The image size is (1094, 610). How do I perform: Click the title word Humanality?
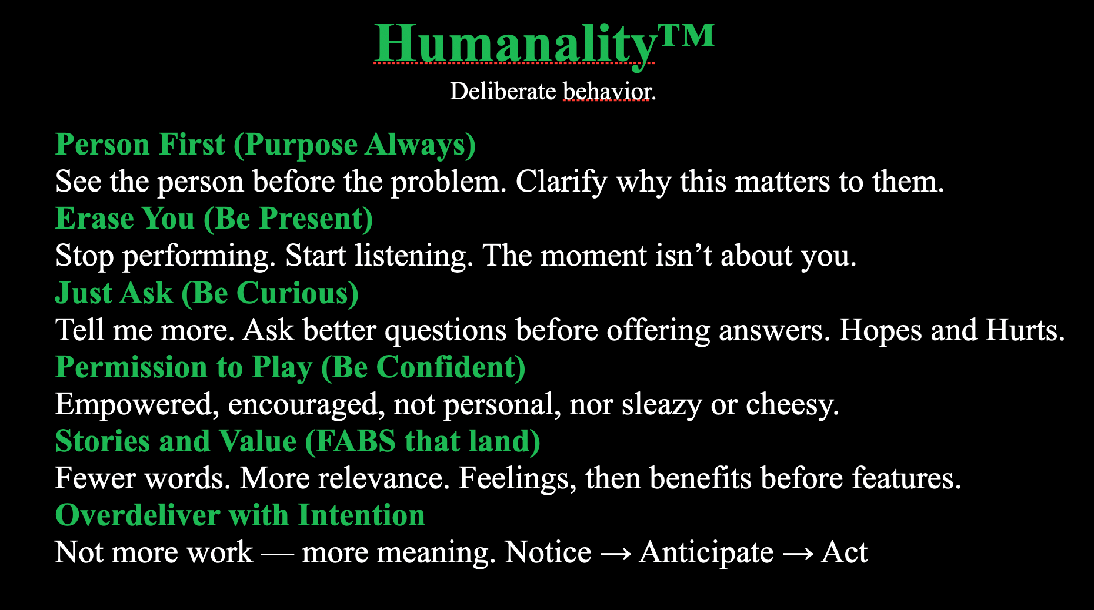(x=515, y=43)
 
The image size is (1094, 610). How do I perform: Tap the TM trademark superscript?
(x=686, y=35)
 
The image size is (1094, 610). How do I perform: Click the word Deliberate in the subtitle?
(x=503, y=91)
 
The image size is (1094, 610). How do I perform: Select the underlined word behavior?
(x=607, y=92)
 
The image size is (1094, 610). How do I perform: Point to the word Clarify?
(x=561, y=182)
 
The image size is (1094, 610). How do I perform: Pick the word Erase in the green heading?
(x=95, y=219)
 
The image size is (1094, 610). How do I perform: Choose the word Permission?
(x=131, y=367)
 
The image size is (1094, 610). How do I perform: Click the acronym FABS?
(x=355, y=441)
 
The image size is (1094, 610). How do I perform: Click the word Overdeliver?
(x=137, y=515)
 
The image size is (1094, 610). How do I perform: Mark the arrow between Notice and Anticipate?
(x=615, y=553)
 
